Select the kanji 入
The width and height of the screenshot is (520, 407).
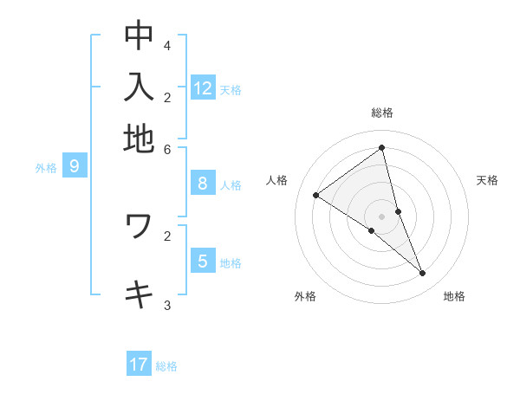pyautogui.click(x=139, y=87)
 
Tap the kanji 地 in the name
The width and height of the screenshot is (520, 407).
pyautogui.click(x=139, y=139)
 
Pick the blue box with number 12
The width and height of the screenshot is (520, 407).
pyautogui.click(x=203, y=88)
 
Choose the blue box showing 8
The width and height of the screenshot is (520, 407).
pyautogui.click(x=203, y=184)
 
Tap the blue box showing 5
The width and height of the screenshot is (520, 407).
pyautogui.click(x=203, y=262)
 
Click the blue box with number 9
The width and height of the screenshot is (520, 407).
pyautogui.click(x=75, y=167)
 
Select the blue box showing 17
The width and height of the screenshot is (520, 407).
pyautogui.click(x=139, y=365)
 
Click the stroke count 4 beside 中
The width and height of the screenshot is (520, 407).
pyautogui.click(x=167, y=45)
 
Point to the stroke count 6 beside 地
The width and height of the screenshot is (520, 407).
pyautogui.click(x=167, y=148)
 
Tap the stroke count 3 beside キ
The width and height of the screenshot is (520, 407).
pyautogui.click(x=167, y=306)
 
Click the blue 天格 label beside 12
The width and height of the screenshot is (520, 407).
pyautogui.click(x=231, y=90)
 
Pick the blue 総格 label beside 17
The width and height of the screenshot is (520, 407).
pyautogui.click(x=166, y=366)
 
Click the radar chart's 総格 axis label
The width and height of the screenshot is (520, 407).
pyautogui.click(x=382, y=113)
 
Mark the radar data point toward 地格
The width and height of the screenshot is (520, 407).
pyautogui.click(x=423, y=274)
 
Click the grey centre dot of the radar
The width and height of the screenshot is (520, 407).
pyautogui.click(x=382, y=216)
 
